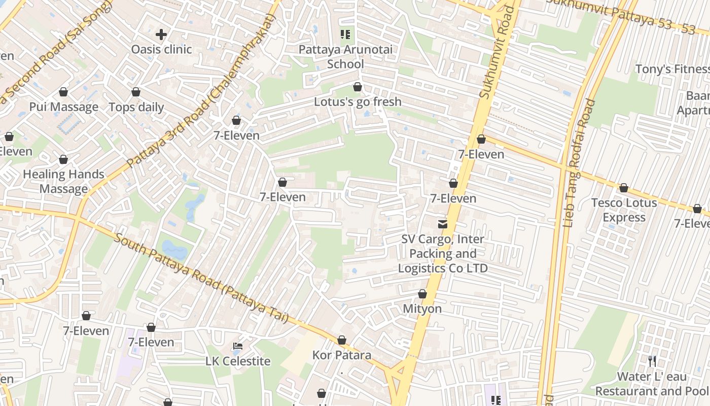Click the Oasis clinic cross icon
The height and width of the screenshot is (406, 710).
coord(161,35)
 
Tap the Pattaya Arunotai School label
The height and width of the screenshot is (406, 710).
coord(345,57)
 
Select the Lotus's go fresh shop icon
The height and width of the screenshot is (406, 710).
coord(358,87)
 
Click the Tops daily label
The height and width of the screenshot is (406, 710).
coord(136,107)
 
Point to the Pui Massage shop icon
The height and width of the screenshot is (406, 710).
coord(63,92)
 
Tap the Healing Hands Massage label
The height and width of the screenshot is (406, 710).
coord(63,182)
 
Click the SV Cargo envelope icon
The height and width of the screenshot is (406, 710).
coord(443,224)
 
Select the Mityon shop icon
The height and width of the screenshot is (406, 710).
coord(422,294)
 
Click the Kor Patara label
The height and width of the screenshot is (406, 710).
coord(342,355)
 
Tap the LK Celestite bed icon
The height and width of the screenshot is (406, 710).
coord(238,346)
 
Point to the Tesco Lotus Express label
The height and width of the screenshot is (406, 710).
coord(624,210)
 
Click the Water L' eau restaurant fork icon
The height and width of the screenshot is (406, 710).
coord(652,361)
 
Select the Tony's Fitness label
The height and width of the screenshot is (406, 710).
coord(672,69)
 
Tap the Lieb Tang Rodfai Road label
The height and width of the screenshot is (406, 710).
coord(579,162)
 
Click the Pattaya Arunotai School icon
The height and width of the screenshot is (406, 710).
coord(345,35)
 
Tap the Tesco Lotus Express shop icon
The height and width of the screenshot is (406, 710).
coord(624,188)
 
